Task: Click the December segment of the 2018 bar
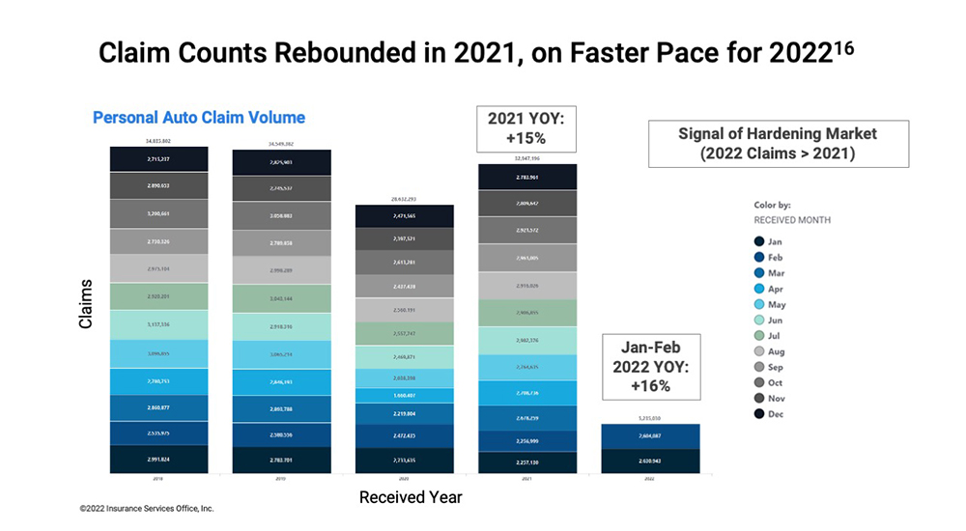click(158, 158)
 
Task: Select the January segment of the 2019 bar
click(282, 459)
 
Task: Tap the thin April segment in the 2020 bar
click(405, 395)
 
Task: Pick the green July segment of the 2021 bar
click(526, 313)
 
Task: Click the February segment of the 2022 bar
click(649, 435)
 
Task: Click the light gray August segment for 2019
click(282, 270)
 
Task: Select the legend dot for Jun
click(760, 320)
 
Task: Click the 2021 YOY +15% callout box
click(526, 128)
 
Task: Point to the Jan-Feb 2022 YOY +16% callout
click(649, 367)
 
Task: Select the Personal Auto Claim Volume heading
click(199, 118)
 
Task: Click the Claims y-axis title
click(86, 304)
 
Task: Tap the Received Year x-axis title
click(411, 497)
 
